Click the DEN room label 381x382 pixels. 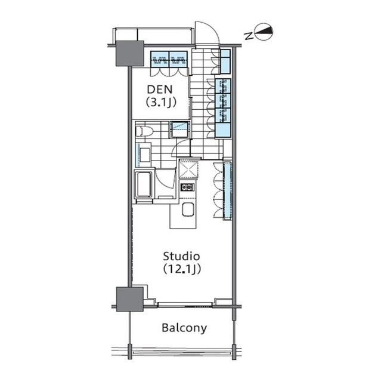coord(160,90)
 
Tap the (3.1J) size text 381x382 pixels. coord(161,103)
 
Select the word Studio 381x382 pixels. coord(181,256)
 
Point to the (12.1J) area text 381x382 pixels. coord(182,269)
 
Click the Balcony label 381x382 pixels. coord(184,328)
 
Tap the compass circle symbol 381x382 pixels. coord(264,32)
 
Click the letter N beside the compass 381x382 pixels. coord(249,36)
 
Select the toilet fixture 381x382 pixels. coord(144,131)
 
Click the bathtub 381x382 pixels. coord(144,184)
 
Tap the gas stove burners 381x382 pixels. coord(187,187)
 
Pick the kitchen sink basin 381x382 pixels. coord(188,210)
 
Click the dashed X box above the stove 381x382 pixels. coord(188,169)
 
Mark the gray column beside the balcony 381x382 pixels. coord(129,299)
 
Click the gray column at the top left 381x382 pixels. coord(129,53)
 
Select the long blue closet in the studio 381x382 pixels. coord(228,189)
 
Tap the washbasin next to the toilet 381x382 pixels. coord(144,155)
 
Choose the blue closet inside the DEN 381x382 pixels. coord(169,59)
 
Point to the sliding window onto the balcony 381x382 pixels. coord(185,304)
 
